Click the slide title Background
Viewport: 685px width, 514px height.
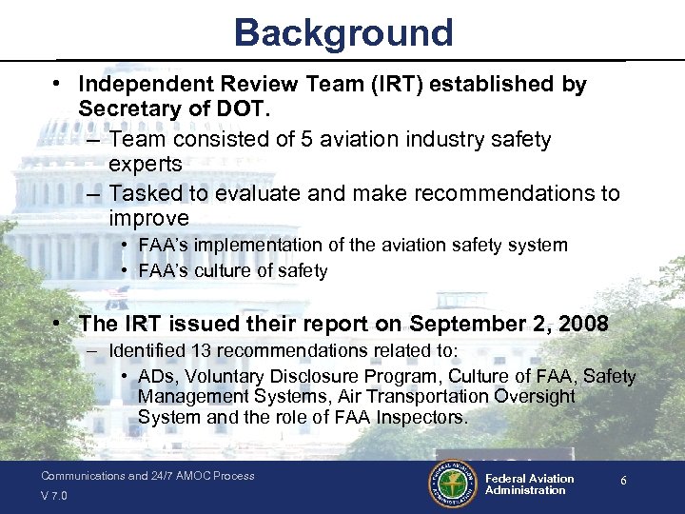pos(343,32)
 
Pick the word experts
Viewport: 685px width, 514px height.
pos(145,164)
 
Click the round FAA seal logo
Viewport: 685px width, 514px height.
pos(451,484)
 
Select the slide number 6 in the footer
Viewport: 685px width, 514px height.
pos(623,482)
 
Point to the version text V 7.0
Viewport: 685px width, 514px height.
pos(55,496)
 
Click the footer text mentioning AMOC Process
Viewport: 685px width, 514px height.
pos(147,476)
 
